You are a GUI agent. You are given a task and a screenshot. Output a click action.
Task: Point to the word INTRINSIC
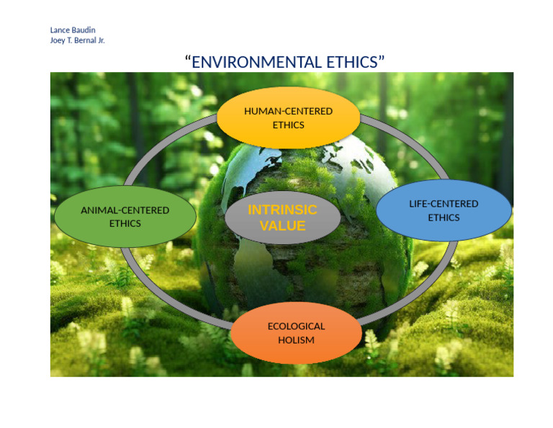282,210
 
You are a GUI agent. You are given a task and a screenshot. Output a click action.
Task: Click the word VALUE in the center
282,226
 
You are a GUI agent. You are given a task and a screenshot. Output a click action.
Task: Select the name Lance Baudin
72,30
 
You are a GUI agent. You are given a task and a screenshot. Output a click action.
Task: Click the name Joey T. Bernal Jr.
77,40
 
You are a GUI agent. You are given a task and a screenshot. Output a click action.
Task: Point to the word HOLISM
296,340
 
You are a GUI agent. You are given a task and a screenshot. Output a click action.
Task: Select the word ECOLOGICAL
296,326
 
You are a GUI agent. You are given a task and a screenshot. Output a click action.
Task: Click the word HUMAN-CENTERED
288,112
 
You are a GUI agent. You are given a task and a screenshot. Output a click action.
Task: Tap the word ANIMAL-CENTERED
125,210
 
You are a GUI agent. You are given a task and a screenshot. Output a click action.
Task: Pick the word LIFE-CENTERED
444,204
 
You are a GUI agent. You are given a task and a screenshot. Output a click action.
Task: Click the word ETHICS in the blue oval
444,218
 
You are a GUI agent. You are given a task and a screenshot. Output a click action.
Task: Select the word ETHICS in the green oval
125,223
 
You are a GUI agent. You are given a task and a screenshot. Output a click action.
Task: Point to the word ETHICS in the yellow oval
288,125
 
